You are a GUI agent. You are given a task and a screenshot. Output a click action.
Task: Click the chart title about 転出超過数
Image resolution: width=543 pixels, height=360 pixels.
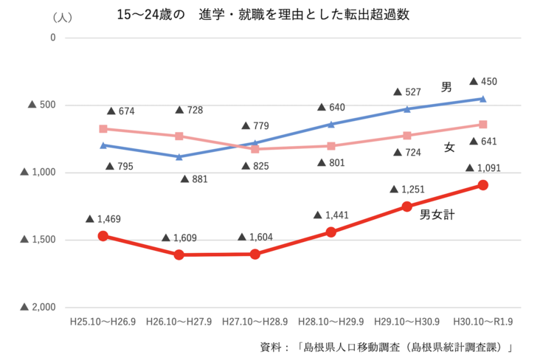coord(269,15)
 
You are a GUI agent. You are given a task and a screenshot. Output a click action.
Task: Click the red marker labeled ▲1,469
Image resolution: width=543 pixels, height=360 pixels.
coord(103,236)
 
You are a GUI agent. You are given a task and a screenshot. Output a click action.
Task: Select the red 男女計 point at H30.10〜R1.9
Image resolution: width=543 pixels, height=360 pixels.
coord(483,185)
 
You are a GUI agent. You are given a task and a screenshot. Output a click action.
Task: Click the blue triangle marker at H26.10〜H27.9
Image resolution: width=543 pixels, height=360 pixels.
coord(179,156)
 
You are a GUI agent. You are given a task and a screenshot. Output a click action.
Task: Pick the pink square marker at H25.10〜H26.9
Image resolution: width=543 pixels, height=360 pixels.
coord(103,128)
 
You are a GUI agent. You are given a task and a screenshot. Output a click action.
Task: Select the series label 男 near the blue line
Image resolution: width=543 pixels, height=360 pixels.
coord(446,87)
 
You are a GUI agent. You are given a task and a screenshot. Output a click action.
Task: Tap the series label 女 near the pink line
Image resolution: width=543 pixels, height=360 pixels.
coord(449,147)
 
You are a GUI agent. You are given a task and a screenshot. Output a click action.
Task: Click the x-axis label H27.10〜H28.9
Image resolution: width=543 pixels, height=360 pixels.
coord(255,322)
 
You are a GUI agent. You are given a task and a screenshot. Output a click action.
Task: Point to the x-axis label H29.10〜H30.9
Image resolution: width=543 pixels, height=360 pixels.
coord(407,322)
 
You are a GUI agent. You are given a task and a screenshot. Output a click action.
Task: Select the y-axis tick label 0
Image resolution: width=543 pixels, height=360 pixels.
coord(52,37)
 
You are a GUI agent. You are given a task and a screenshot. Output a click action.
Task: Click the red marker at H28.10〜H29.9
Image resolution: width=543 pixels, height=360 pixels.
coord(331,232)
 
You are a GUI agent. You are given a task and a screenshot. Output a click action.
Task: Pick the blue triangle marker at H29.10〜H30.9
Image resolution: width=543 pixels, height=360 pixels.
coord(407,109)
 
